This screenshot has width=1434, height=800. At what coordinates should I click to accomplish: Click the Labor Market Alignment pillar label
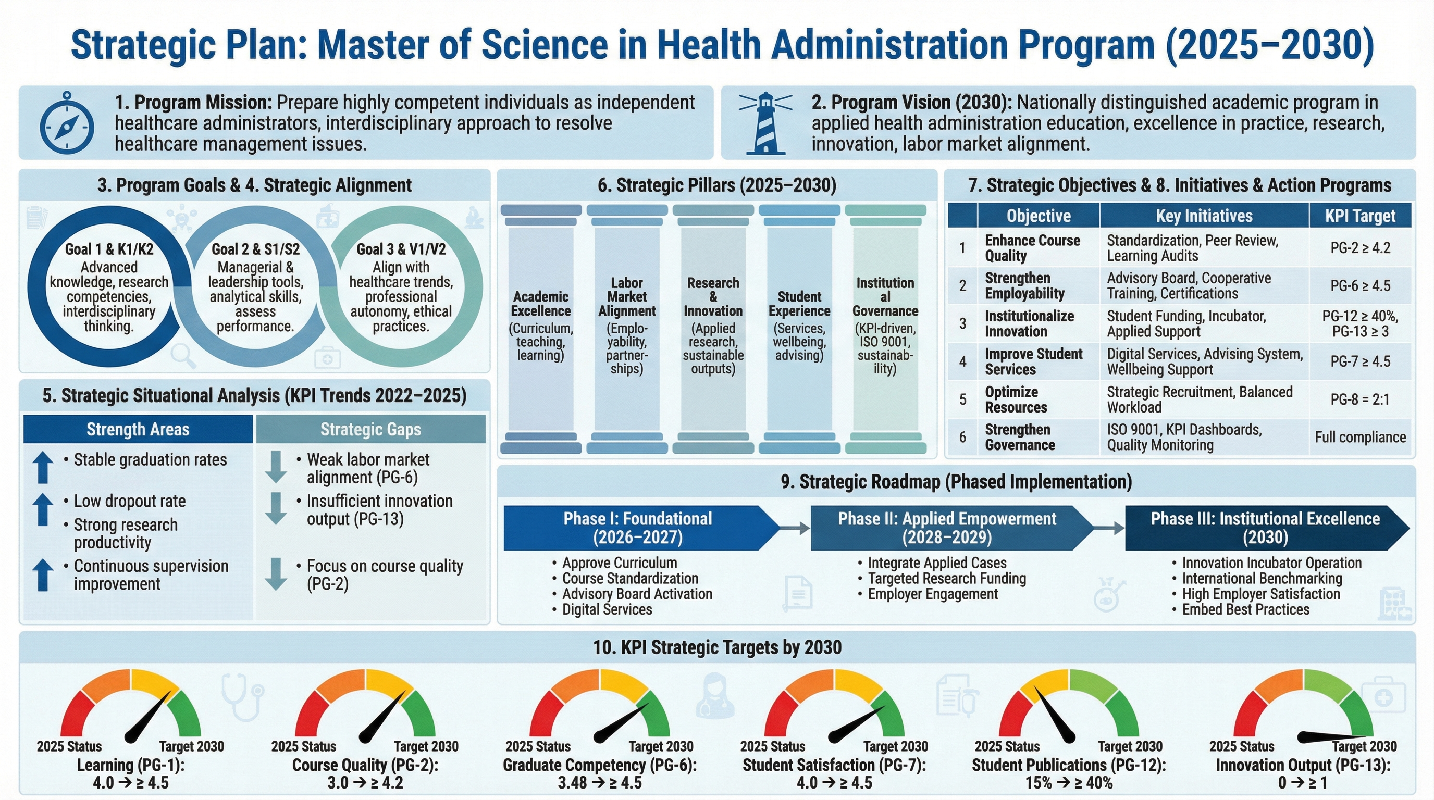tap(627, 297)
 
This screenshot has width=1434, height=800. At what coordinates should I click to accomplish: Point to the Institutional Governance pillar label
tap(885, 297)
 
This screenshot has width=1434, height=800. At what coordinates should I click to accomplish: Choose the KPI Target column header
tap(1360, 216)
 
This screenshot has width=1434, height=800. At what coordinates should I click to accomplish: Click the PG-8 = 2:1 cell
tap(1360, 399)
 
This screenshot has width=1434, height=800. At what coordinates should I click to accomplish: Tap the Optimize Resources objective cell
tap(1016, 399)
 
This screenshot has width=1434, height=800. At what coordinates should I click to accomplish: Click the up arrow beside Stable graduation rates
tap(43, 466)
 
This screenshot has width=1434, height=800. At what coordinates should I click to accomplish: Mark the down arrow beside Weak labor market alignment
tap(276, 466)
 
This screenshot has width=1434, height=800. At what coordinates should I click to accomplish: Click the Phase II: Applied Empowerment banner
tap(947, 528)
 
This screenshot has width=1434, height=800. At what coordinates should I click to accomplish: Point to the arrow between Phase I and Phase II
tap(795, 528)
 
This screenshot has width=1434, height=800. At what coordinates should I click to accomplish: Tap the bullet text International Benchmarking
tap(1262, 579)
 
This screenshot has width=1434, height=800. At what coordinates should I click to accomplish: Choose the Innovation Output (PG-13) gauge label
tap(1303, 766)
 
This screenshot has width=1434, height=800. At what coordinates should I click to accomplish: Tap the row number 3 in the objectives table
tap(962, 324)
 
